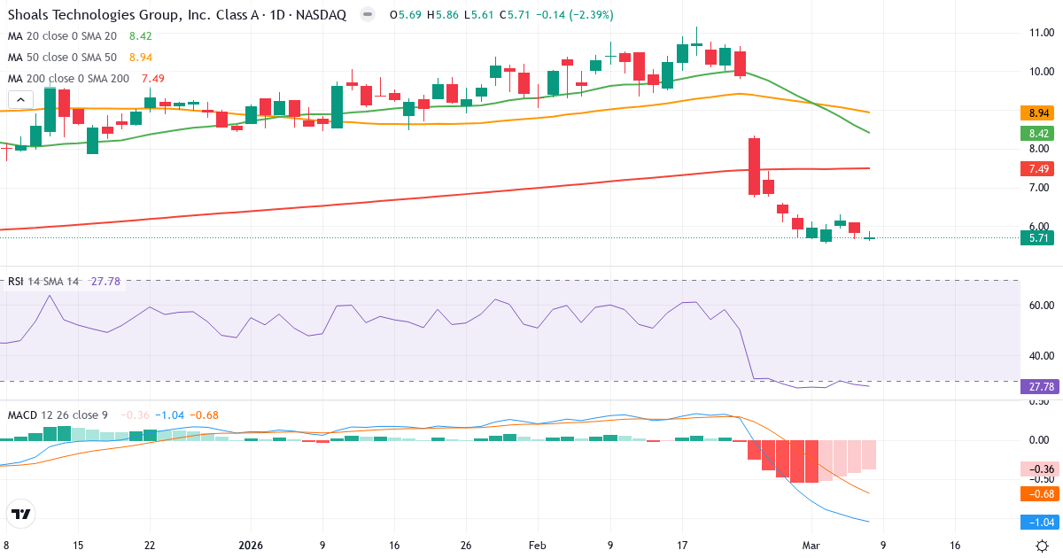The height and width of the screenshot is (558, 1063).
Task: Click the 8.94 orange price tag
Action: click(x=1040, y=113)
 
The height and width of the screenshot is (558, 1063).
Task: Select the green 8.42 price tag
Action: click(x=1040, y=134)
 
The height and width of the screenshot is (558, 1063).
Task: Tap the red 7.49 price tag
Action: click(x=1040, y=169)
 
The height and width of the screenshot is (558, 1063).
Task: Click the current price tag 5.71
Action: click(x=1040, y=237)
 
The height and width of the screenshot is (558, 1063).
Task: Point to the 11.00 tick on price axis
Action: click(x=1040, y=33)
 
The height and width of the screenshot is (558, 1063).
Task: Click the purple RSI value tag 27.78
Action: click(x=1040, y=387)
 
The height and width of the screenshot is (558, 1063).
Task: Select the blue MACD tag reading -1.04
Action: click(x=1040, y=523)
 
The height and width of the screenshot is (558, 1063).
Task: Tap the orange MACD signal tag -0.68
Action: click(x=1040, y=493)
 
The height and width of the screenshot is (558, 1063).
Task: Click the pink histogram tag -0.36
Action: click(x=1040, y=469)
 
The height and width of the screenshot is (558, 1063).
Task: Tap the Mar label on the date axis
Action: click(x=811, y=546)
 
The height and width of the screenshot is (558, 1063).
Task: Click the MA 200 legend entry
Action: click(x=69, y=79)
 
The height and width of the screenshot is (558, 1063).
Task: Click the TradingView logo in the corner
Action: click(x=21, y=514)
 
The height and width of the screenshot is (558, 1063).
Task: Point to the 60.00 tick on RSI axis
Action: click(x=1040, y=305)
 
